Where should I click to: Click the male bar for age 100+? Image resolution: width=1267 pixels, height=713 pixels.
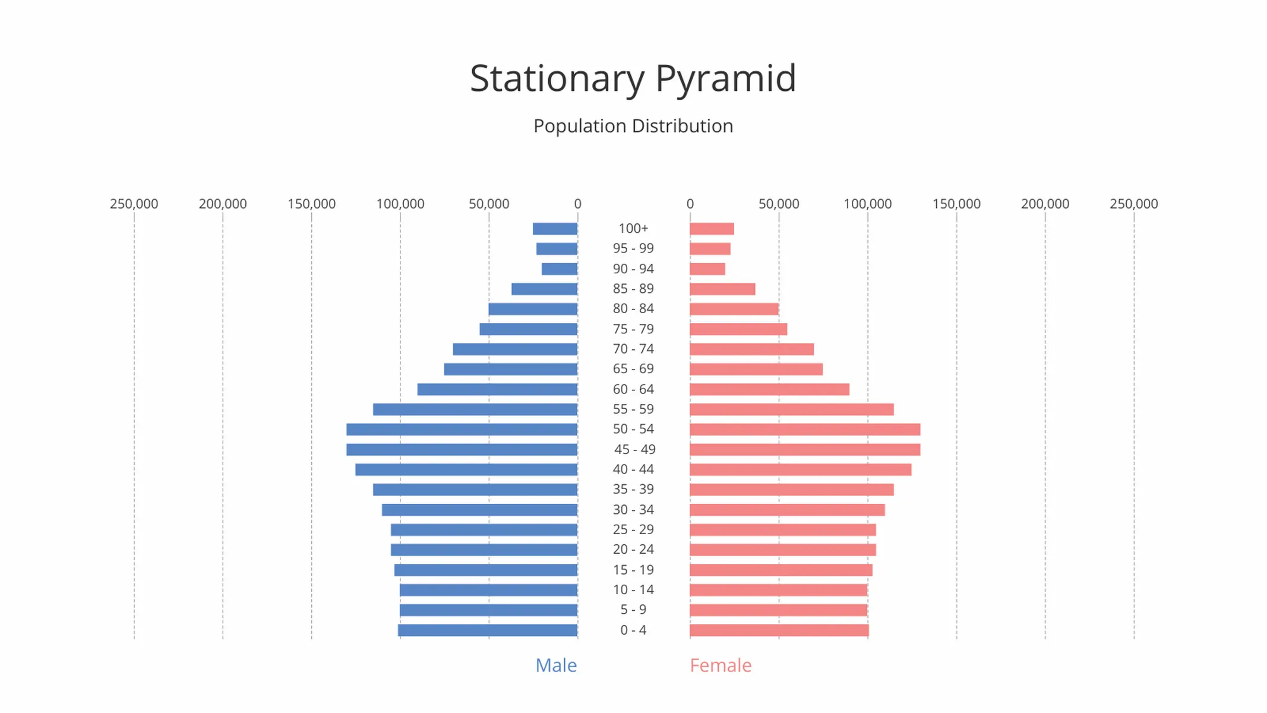[x=555, y=229]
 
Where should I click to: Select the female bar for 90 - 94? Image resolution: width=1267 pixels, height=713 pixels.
[x=707, y=269]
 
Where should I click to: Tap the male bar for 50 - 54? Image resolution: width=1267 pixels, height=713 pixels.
[x=462, y=430]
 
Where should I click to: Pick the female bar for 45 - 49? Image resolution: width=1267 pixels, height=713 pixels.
[x=804, y=450]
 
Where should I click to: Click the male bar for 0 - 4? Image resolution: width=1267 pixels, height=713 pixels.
[x=487, y=630]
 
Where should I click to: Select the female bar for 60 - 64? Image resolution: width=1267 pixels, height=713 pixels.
[x=769, y=390]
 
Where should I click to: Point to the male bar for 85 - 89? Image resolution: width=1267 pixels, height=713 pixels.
[x=544, y=289]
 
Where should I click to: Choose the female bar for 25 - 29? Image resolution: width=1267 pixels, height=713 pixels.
[x=782, y=530]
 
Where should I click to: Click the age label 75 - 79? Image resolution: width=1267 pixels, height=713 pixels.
[x=633, y=329]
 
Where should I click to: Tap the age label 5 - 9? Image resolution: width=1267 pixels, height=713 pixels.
[x=633, y=610]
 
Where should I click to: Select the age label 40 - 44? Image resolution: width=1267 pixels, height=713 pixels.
[x=633, y=469]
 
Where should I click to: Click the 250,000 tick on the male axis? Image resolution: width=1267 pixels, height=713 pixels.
[x=134, y=204]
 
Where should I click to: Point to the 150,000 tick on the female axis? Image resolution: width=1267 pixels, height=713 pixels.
[x=956, y=204]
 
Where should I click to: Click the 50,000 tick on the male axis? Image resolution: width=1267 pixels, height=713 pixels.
[x=489, y=204]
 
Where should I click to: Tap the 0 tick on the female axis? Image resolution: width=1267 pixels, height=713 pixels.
[x=690, y=204]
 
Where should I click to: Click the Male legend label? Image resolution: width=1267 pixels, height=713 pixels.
[x=556, y=665]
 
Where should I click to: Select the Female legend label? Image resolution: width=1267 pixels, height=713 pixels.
[x=721, y=665]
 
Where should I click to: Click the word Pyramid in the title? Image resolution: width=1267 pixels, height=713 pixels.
[x=725, y=78]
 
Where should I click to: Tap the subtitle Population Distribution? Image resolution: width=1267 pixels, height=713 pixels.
[x=633, y=126]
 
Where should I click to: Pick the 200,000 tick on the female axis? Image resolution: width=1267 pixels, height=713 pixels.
[x=1045, y=204]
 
